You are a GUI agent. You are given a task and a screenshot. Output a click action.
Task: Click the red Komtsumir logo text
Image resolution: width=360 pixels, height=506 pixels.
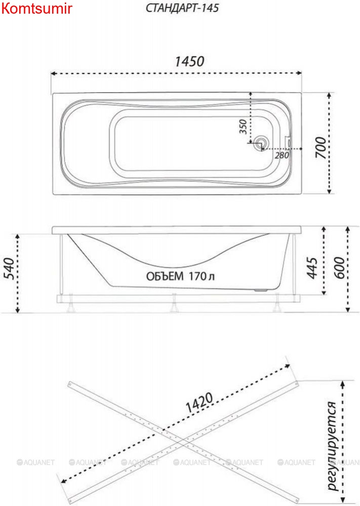[36, 9]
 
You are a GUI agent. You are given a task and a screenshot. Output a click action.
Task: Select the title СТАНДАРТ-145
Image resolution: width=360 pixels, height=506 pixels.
[182, 8]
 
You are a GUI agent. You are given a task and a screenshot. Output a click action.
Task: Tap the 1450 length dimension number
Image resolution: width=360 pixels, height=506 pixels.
[189, 61]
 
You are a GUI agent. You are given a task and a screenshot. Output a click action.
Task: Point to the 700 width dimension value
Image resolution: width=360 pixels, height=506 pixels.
[321, 147]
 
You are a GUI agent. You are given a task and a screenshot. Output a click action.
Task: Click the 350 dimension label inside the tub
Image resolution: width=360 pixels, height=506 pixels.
[243, 126]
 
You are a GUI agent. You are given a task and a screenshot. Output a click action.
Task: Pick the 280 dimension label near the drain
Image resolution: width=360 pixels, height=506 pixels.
[282, 155]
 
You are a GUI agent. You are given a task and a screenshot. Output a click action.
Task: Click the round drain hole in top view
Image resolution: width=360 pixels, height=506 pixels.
[260, 143]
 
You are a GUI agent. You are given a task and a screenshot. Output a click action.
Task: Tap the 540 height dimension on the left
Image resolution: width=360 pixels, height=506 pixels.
[9, 269]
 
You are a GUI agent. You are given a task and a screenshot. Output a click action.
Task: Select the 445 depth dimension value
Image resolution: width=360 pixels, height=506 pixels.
[312, 268]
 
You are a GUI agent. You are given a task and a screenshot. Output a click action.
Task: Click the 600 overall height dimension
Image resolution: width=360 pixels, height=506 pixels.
[339, 268]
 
